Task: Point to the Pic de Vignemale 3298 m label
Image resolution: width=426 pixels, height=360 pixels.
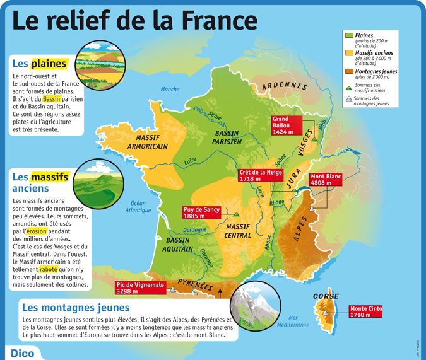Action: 139,287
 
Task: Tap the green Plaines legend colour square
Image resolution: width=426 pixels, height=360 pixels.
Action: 349,36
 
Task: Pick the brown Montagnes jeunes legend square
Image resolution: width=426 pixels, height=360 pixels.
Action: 349,72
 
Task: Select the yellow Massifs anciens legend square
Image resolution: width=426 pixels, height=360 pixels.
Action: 349,54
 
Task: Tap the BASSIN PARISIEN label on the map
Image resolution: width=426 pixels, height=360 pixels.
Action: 228,137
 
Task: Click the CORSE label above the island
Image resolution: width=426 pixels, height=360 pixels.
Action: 326,296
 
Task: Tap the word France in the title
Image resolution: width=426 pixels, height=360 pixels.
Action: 218,20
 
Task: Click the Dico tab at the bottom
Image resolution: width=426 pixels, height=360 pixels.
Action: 21,352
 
